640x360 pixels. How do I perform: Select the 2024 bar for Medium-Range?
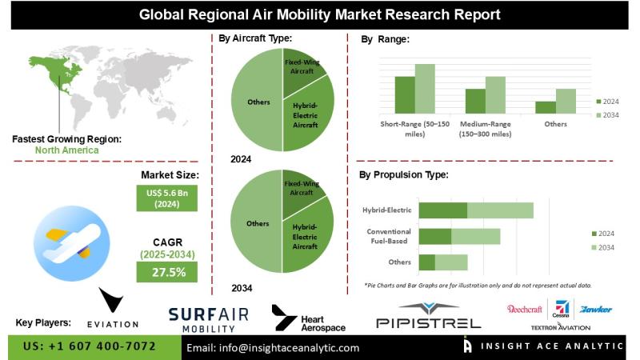[475, 101]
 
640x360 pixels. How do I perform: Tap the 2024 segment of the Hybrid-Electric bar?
[442, 210]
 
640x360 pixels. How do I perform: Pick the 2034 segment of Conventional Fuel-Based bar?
[475, 236]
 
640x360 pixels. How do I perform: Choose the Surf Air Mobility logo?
[208, 318]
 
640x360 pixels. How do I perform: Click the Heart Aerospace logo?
[308, 318]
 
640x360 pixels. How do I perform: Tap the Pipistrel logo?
[428, 316]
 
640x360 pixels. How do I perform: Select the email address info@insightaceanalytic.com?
[273, 348]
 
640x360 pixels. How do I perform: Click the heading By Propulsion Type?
[403, 174]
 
